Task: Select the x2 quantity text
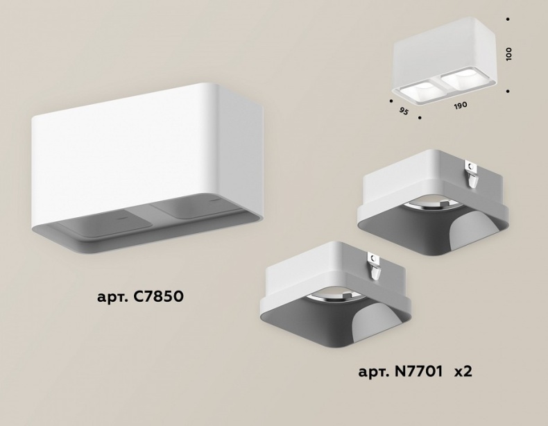(463, 372)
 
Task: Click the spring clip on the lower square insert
(375, 266)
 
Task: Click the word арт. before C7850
(112, 298)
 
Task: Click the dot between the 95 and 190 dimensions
(420, 118)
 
